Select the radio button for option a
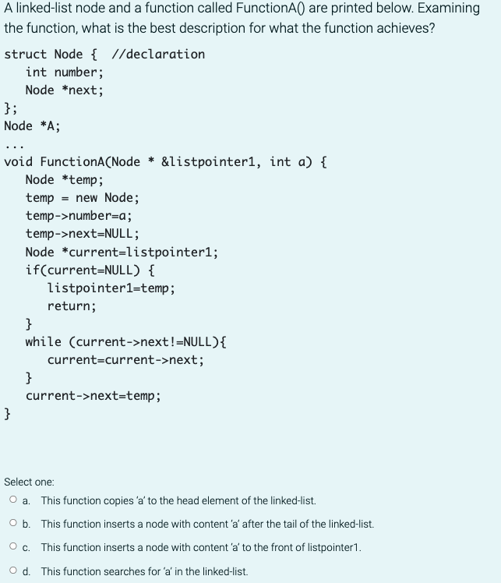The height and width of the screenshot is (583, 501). (14, 500)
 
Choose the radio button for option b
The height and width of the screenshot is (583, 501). (14, 524)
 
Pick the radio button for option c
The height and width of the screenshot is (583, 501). (14, 547)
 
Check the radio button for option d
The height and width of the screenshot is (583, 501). (14, 571)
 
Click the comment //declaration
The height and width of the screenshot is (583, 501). (159, 54)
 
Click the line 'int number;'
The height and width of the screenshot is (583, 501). (64, 72)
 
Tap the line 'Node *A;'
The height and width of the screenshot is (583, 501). (32, 125)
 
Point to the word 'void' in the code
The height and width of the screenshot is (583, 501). (18, 162)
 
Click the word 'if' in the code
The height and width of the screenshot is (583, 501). (32, 270)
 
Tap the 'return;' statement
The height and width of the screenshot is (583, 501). (72, 306)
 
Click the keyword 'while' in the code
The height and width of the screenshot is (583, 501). (43, 342)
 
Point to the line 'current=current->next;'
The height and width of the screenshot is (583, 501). (125, 360)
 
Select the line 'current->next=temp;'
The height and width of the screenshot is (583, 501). (93, 396)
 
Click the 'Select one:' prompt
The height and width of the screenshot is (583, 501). (29, 482)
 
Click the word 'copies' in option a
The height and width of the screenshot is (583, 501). (105, 500)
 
